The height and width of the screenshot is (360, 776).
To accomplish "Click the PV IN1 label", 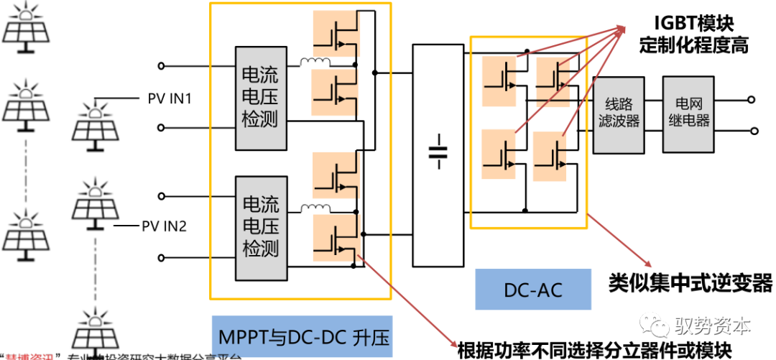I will click(x=170, y=98).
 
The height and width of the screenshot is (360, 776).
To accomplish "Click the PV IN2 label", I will click(x=164, y=226).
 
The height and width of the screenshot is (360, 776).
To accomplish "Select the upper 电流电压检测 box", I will click(x=259, y=97).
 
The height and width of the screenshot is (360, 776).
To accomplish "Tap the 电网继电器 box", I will click(x=688, y=114).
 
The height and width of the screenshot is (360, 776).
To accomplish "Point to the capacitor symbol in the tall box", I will click(x=438, y=154).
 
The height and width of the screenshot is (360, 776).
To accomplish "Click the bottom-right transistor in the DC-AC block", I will click(x=555, y=154).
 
